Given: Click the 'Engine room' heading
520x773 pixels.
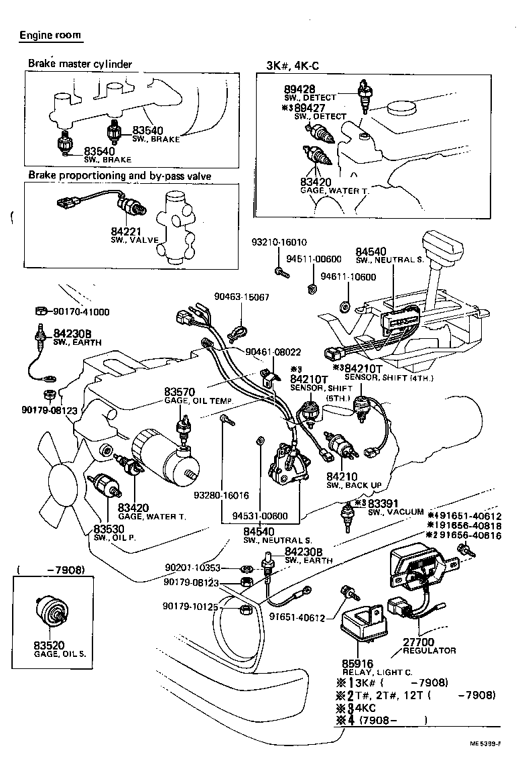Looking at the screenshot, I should tap(50, 35).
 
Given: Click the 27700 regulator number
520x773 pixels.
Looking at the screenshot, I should tap(418, 641).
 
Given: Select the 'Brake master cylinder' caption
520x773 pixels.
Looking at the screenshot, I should tap(80, 64).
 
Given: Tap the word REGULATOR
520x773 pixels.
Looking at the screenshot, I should tap(429, 651).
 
